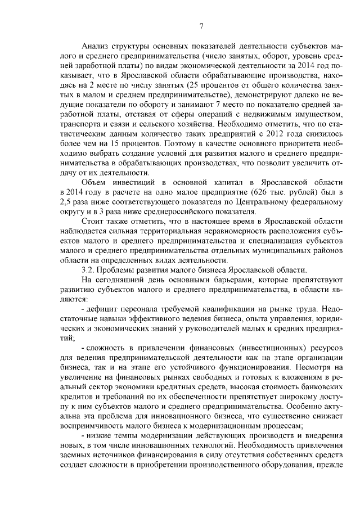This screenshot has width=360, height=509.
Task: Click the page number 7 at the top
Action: click(201, 25)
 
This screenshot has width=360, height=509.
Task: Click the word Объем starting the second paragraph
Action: click(94, 183)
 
